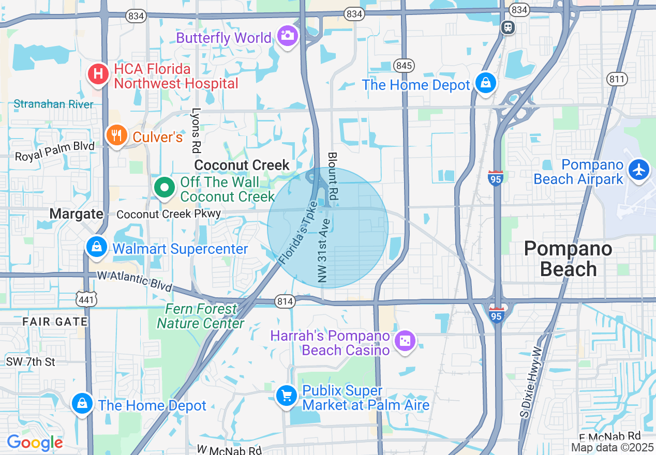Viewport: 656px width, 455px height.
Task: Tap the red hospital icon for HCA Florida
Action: (x=98, y=74)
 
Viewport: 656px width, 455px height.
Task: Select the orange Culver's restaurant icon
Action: (x=117, y=135)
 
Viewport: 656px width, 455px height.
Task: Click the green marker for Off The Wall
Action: (x=165, y=188)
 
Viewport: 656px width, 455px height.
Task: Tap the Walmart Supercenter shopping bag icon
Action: (x=97, y=247)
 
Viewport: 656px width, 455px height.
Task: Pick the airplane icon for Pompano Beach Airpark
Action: (x=639, y=170)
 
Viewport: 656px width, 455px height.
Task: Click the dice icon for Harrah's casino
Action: (x=405, y=341)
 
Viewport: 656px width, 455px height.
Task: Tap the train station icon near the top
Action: (x=509, y=27)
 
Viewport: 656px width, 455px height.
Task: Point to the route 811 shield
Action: (x=617, y=79)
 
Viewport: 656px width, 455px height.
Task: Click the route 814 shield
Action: (x=285, y=301)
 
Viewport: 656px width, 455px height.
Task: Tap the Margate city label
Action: (x=76, y=214)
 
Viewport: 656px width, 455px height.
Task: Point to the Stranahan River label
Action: (x=54, y=104)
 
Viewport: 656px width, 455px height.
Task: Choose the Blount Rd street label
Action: (x=333, y=176)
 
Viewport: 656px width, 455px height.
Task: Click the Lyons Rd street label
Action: (x=196, y=130)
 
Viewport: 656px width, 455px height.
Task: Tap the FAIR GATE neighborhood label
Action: (x=55, y=322)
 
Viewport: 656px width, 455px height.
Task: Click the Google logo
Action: (x=35, y=443)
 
